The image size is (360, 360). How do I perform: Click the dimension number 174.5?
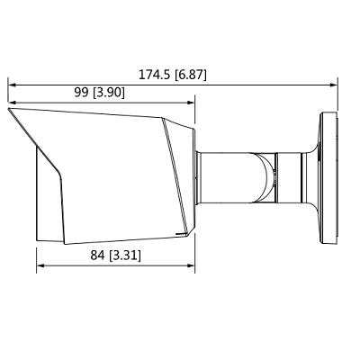click(154, 75)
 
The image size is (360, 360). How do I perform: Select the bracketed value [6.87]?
click(191, 75)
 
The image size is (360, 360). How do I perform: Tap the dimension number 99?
click(81, 93)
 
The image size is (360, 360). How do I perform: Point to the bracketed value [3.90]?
click(109, 93)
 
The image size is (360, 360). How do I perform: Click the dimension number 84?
click(97, 256)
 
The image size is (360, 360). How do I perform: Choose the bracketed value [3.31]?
click(125, 256)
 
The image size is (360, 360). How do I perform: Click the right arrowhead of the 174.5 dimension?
click(334, 85)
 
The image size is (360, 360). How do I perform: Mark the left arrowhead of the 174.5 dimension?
click(12, 85)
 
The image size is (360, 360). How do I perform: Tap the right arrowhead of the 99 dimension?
click(191, 103)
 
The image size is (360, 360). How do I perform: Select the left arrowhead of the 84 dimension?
click(40, 265)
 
